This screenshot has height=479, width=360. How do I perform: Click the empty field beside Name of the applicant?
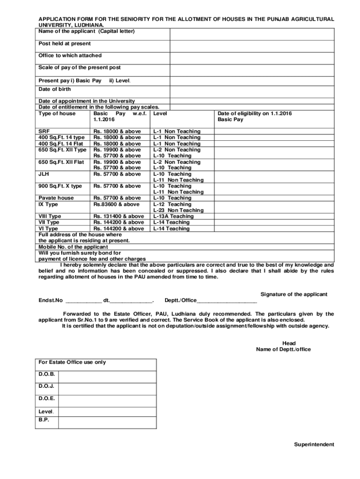[252, 34]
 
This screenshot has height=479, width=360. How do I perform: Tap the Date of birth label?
[55, 89]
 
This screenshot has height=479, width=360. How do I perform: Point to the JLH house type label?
[44, 174]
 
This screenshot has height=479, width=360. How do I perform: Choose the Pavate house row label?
[56, 198]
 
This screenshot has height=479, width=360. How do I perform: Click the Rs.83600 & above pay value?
[116, 204]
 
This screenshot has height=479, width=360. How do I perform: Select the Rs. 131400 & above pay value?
[119, 216]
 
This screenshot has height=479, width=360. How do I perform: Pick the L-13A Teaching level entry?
[173, 216]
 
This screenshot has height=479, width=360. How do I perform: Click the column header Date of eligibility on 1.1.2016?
[254, 113]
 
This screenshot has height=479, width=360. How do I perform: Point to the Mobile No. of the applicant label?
[73, 247]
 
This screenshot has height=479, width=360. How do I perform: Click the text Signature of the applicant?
[294, 294]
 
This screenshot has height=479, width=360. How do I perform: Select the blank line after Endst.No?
[84, 300]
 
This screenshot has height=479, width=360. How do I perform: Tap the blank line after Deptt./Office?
[227, 300]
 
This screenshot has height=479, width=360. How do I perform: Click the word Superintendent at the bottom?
[314, 444]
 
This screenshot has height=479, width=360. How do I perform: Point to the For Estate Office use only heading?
[72, 362]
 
